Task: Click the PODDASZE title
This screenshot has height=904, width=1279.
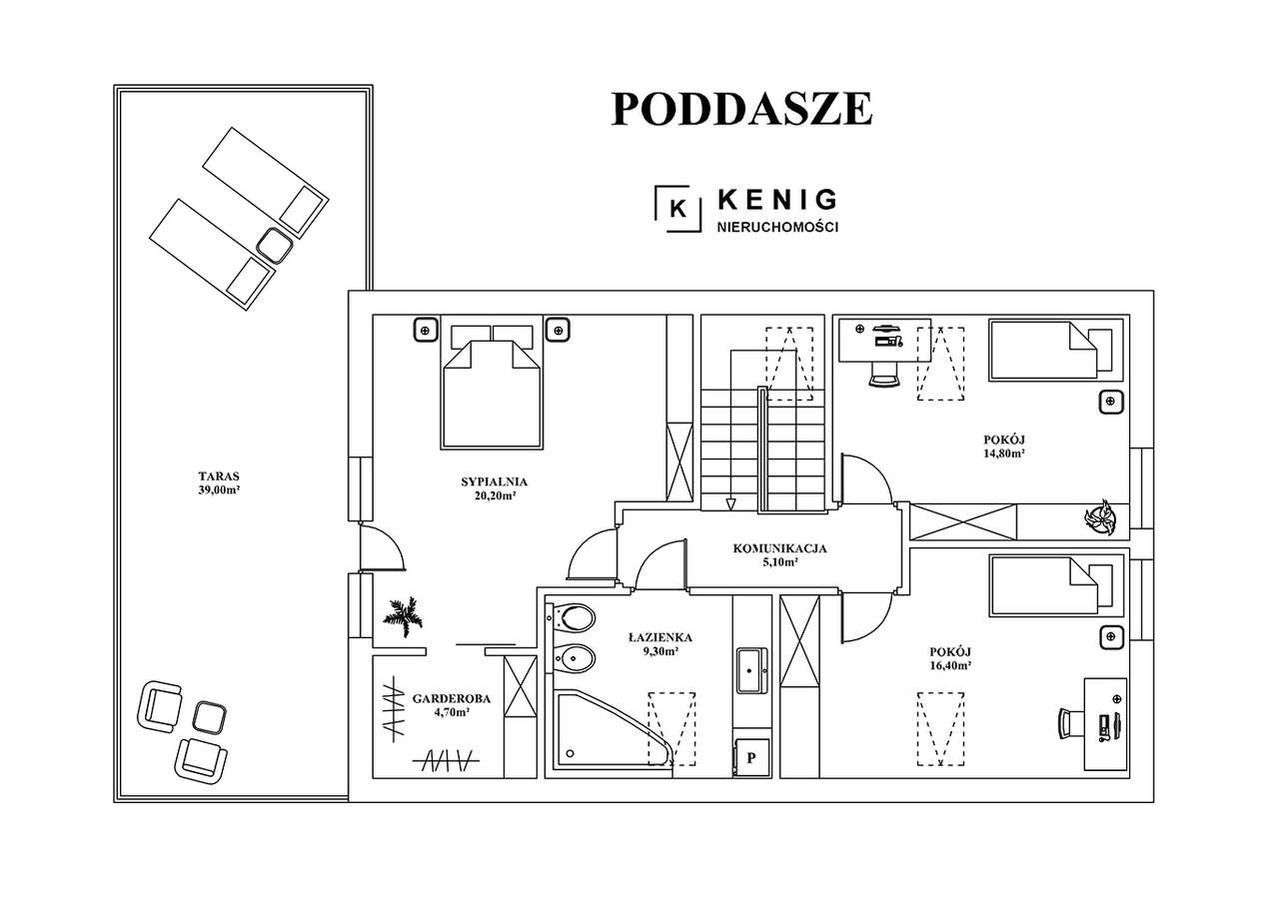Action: pyautogui.click(x=741, y=109)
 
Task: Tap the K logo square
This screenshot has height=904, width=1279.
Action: pyautogui.click(x=676, y=208)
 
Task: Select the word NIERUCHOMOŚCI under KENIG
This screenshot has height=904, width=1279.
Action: pyautogui.click(x=777, y=228)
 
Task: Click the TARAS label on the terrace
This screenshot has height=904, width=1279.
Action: pyautogui.click(x=220, y=476)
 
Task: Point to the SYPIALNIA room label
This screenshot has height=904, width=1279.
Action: pyautogui.click(x=494, y=481)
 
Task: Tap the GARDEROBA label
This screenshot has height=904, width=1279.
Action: pyautogui.click(x=441, y=699)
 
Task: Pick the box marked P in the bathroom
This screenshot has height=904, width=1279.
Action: pyautogui.click(x=750, y=757)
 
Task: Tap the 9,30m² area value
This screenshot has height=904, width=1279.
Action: pyautogui.click(x=660, y=651)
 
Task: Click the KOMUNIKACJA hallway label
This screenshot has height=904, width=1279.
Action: pyautogui.click(x=779, y=547)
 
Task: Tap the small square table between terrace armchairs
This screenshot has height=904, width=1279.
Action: pyautogui.click(x=210, y=716)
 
